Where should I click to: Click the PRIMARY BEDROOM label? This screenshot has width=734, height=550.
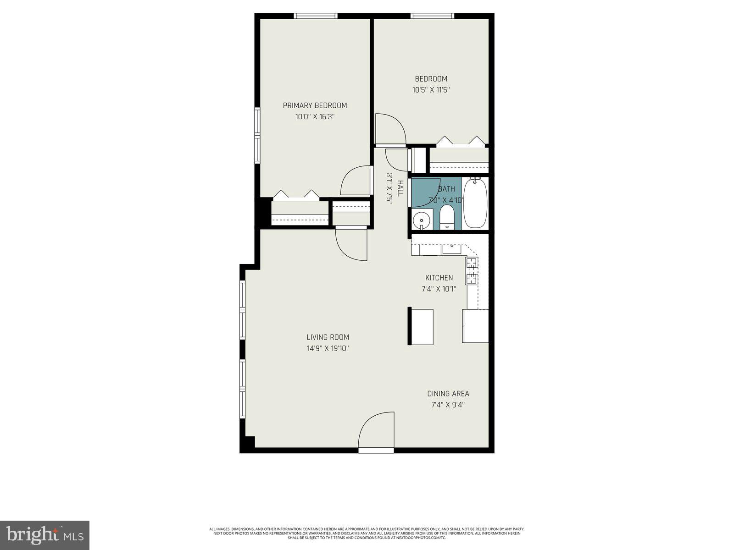tap(315, 105)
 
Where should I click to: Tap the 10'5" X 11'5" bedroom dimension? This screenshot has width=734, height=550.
tap(431, 90)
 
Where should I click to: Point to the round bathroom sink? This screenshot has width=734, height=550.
tap(421, 220)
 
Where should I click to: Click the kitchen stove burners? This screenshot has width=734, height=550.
tap(472, 271)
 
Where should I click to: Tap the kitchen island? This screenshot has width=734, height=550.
tap(421, 327)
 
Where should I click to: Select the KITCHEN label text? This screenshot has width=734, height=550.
tap(439, 278)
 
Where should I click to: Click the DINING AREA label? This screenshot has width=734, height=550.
tap(448, 394)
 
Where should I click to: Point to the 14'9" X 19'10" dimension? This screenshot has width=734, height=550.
tap(328, 348)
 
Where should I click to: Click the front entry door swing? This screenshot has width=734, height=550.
tap(376, 431)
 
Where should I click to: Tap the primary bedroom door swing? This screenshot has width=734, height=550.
tap(356, 181)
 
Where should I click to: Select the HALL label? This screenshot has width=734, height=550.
tap(400, 188)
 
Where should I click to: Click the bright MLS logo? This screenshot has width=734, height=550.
tap(44, 535)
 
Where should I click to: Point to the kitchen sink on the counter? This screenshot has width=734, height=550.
tap(451, 249)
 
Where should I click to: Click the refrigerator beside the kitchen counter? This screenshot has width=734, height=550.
tap(475, 326)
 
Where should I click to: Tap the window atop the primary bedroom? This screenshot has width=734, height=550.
tap(316, 16)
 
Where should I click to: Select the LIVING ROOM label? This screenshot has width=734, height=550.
tap(328, 337)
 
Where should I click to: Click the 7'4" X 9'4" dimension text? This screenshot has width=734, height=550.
tap(448, 405)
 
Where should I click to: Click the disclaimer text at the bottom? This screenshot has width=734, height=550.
tap(367, 533)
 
